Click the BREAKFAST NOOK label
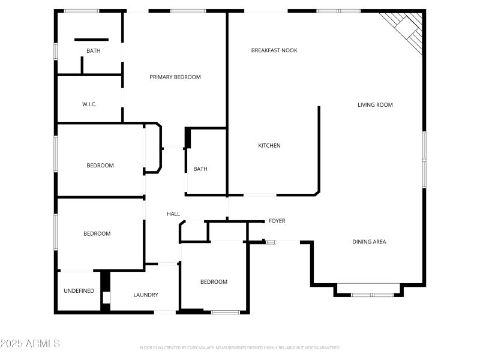click(x=274, y=50)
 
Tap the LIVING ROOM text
click(x=375, y=105)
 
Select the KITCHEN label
click(x=269, y=146)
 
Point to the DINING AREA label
click(x=369, y=242)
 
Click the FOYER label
click(x=277, y=221)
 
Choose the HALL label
click(x=173, y=214)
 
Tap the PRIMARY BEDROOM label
click(x=175, y=77)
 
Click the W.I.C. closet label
click(x=89, y=104)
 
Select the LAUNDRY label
click(x=146, y=295)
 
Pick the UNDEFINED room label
click(x=79, y=291)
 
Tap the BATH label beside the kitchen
click(x=200, y=169)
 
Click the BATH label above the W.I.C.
click(x=94, y=51)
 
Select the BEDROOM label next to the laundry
click(x=214, y=282)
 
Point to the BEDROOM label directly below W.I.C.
click(x=100, y=166)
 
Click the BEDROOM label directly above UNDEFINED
click(x=97, y=234)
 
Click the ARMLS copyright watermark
click(x=30, y=344)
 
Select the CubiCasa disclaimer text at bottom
click(x=240, y=347)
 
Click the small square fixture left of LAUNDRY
click(x=106, y=297)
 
